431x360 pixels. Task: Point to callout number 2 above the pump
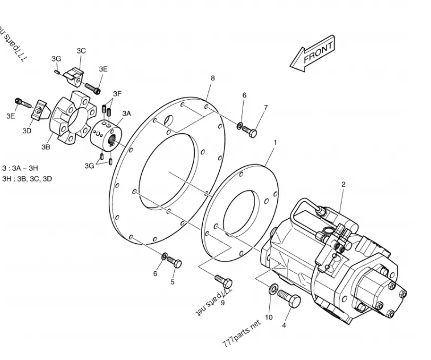[343, 184]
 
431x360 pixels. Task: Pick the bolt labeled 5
[174, 263]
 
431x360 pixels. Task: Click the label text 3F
[117, 93]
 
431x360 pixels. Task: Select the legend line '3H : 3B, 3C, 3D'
[27, 178]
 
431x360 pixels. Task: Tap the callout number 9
[223, 302]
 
